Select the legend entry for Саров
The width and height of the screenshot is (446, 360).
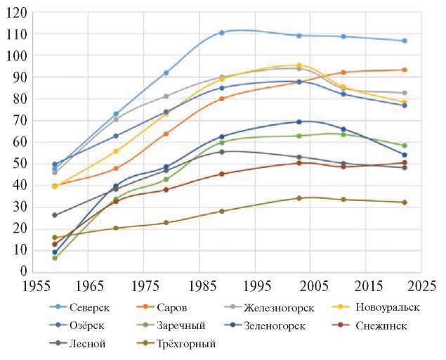[173, 308]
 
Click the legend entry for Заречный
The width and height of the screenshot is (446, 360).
[180, 326]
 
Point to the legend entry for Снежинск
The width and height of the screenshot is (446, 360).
[381, 326]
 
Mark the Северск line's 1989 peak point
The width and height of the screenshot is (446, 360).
[221, 32]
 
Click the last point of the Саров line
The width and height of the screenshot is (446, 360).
[405, 70]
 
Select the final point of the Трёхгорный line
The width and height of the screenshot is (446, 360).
[405, 202]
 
